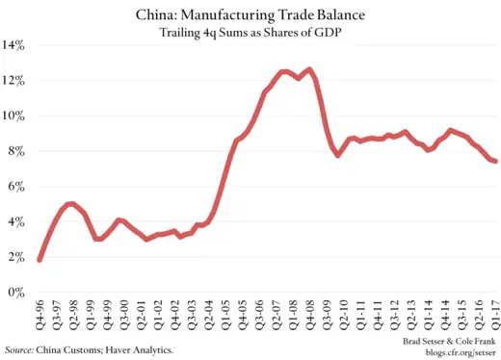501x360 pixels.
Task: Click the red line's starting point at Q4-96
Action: tap(40, 259)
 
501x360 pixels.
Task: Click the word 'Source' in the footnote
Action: tap(18, 348)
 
